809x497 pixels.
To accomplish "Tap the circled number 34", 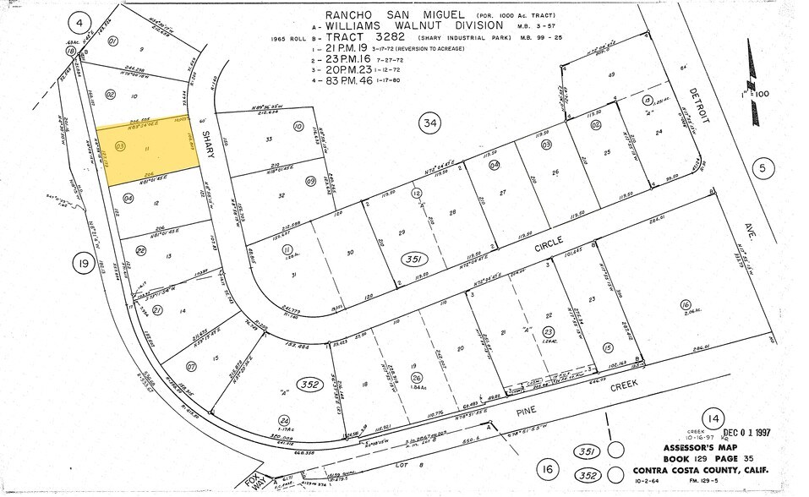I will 431,124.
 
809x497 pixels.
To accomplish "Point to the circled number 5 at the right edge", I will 763,169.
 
